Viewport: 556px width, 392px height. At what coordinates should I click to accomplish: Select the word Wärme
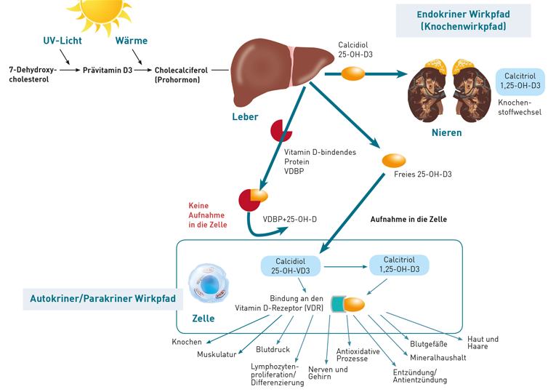pyautogui.click(x=132, y=40)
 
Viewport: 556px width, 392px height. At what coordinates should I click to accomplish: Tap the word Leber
pyautogui.click(x=245, y=116)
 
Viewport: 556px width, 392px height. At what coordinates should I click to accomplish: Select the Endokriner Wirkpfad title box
pyautogui.click(x=463, y=20)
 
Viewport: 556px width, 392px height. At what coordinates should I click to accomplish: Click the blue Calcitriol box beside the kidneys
pyautogui.click(x=519, y=80)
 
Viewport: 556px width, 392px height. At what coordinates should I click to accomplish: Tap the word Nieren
pyautogui.click(x=446, y=133)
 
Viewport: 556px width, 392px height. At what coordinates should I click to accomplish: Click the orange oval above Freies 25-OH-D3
pyautogui.click(x=394, y=159)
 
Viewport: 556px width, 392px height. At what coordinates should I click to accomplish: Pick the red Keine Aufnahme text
pyautogui.click(x=208, y=215)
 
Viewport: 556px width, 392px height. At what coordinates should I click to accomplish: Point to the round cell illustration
pyautogui.click(x=209, y=284)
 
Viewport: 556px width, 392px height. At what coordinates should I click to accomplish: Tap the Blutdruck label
pyautogui.click(x=272, y=349)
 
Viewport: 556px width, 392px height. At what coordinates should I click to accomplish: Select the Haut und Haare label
pyautogui.click(x=483, y=343)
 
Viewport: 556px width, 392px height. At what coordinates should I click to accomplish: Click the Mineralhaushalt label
pyautogui.click(x=437, y=358)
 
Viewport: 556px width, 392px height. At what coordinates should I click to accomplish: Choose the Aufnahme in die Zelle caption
pyautogui.click(x=408, y=219)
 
